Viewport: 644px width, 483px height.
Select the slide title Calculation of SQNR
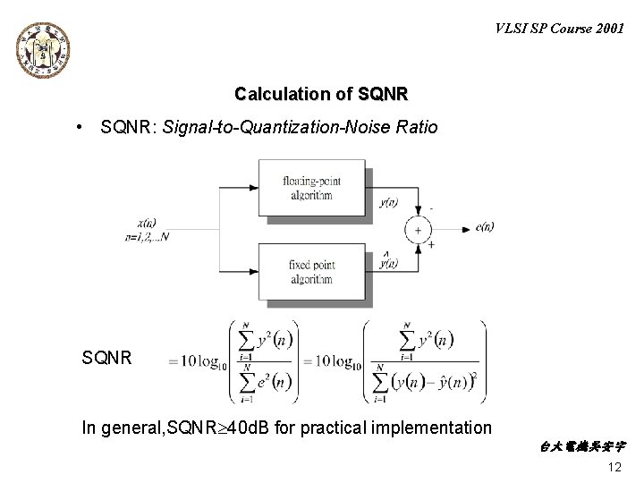(321, 94)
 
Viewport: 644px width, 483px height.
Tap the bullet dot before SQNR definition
(80, 128)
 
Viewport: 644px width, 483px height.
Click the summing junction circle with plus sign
(417, 230)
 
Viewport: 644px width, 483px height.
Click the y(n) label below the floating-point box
(388, 202)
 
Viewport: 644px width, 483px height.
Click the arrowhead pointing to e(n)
(464, 230)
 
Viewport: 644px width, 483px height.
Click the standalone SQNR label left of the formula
(106, 359)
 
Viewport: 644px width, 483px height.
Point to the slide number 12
(614, 469)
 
